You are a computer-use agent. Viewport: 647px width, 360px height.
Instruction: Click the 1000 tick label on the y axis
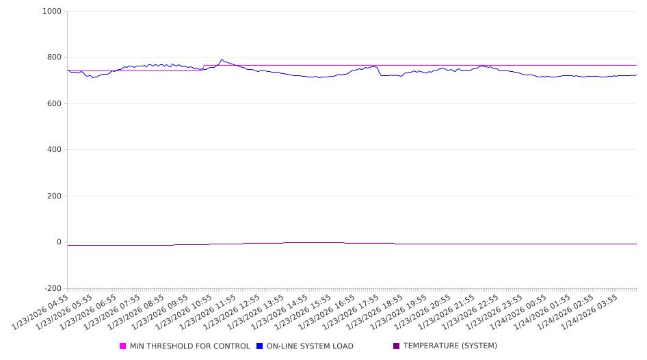pos(52,12)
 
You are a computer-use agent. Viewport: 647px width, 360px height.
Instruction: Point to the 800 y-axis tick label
pos(54,57)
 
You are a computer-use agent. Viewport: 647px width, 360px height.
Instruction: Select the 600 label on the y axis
pos(54,104)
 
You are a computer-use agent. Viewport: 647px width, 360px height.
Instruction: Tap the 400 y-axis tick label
pos(54,150)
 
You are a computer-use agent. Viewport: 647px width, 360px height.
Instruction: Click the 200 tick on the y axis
pos(54,196)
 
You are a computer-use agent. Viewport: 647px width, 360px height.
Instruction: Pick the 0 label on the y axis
pos(59,242)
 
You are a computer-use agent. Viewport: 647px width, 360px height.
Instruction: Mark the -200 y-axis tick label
pos(52,289)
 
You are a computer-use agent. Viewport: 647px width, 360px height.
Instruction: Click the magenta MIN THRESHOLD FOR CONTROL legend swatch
pos(123,346)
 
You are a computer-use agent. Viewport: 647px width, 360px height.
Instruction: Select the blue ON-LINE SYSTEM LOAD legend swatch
pos(260,346)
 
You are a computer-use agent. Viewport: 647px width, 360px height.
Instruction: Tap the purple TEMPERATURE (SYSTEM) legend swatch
pos(397,346)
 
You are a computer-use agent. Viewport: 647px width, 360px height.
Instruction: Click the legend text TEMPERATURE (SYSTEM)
pos(450,346)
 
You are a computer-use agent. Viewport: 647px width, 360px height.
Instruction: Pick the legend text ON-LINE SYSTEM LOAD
pos(310,346)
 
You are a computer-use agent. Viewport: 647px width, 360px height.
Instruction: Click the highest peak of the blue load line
pos(222,60)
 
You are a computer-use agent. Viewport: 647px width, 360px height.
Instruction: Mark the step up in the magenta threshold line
pos(204,68)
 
